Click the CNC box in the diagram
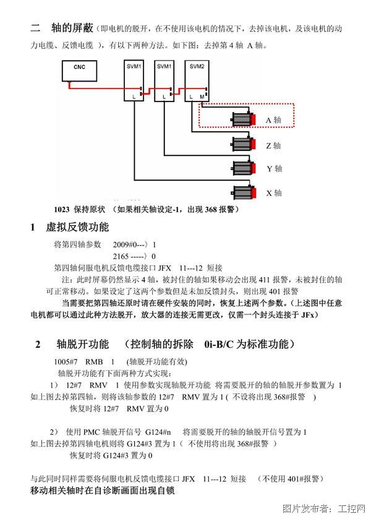[x=79, y=71]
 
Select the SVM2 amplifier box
[x=197, y=80]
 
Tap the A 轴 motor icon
[x=244, y=119]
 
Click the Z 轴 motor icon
[x=244, y=144]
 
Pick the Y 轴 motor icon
[x=244, y=168]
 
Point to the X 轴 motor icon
[x=244, y=192]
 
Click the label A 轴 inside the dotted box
[x=273, y=120]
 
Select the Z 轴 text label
[x=273, y=145]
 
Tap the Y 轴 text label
[x=275, y=169]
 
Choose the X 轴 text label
[x=274, y=193]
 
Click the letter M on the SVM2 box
[x=202, y=97]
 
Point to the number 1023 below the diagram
[x=62, y=210]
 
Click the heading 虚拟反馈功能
[x=77, y=227]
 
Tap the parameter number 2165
[x=121, y=256]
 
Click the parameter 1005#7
[x=66, y=362]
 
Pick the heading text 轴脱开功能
[x=83, y=344]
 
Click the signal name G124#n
[x=158, y=432]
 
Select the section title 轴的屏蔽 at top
[x=72, y=28]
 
